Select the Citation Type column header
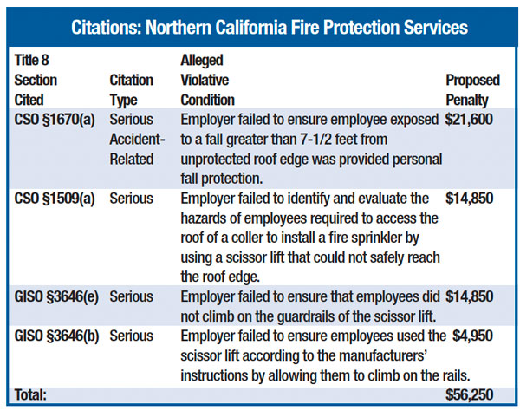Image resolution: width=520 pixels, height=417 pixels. (132, 89)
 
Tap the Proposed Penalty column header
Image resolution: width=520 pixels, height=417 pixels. (472, 89)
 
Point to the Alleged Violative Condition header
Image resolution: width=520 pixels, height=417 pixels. (207, 80)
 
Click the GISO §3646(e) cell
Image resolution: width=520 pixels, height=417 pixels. (56, 296)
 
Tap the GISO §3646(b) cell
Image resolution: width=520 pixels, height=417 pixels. (56, 336)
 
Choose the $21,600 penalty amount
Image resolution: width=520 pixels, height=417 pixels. (470, 119)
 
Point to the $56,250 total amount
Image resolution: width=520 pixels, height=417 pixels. (471, 395)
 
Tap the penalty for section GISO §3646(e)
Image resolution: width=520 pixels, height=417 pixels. (470, 296)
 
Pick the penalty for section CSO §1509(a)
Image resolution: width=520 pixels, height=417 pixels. (470, 198)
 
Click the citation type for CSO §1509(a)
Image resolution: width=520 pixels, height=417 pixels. (132, 198)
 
